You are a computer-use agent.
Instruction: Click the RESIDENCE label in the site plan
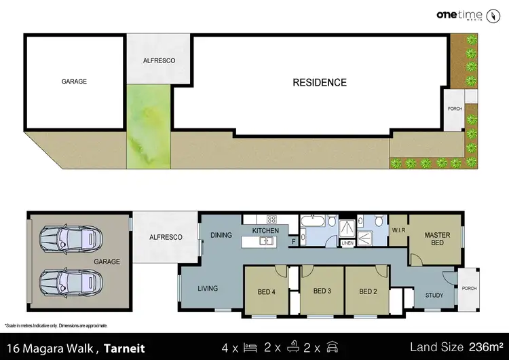tap(319, 83)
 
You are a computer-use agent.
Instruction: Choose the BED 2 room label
tap(367, 292)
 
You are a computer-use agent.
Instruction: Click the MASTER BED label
tap(437, 239)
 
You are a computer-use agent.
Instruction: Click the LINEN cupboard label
tap(347, 242)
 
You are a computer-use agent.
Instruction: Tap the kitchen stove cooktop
tap(271, 219)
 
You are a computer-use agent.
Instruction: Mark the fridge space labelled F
tap(293, 240)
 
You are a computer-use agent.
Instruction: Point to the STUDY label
tap(434, 295)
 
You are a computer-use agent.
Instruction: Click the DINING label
tap(221, 236)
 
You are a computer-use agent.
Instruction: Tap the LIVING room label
tap(208, 289)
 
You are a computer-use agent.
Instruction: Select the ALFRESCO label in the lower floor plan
tap(166, 237)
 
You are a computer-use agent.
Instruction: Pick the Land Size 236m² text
tap(455, 347)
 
